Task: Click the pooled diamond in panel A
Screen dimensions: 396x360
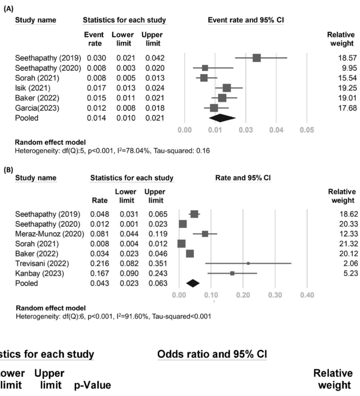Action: (x=222, y=118)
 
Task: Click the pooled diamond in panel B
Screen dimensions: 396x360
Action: (x=192, y=283)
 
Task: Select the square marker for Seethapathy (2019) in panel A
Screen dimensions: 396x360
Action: (x=256, y=58)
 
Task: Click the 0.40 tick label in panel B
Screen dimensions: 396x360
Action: (x=307, y=295)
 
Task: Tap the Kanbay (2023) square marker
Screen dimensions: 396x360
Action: (x=232, y=273)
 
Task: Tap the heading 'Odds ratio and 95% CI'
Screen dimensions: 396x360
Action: (x=211, y=355)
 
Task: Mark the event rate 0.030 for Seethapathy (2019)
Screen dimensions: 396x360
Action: (x=96, y=58)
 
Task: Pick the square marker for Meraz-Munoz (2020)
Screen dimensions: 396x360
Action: (x=205, y=234)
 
